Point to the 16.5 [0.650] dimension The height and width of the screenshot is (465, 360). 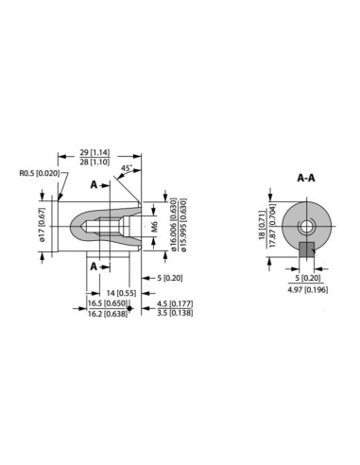coord(105,303)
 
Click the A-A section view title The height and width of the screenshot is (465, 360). coord(306,177)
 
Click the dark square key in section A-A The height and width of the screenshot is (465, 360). coord(306,250)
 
